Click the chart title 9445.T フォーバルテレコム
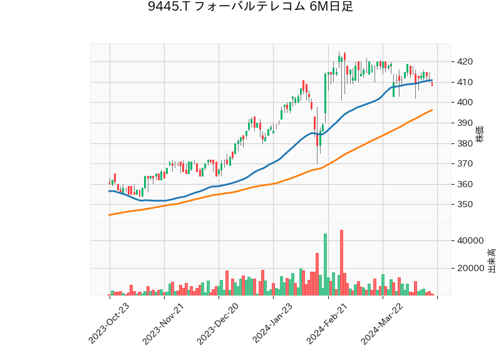[250, 8]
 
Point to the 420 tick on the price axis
[465, 61]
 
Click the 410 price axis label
[465, 82]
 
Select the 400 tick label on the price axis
[465, 103]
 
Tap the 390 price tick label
[465, 123]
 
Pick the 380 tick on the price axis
[465, 143]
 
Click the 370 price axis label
[465, 164]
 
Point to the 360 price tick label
[465, 184]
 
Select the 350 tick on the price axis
[465, 205]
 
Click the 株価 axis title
[480, 133]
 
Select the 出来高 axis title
[492, 260]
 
